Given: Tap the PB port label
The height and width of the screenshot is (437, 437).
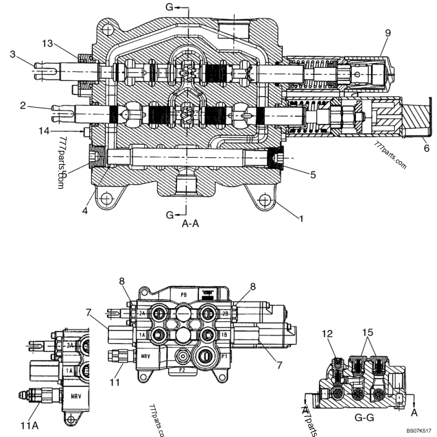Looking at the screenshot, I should (183, 293).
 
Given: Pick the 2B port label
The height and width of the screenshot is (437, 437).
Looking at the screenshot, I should (225, 314).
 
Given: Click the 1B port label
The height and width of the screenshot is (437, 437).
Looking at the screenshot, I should (225, 334).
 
